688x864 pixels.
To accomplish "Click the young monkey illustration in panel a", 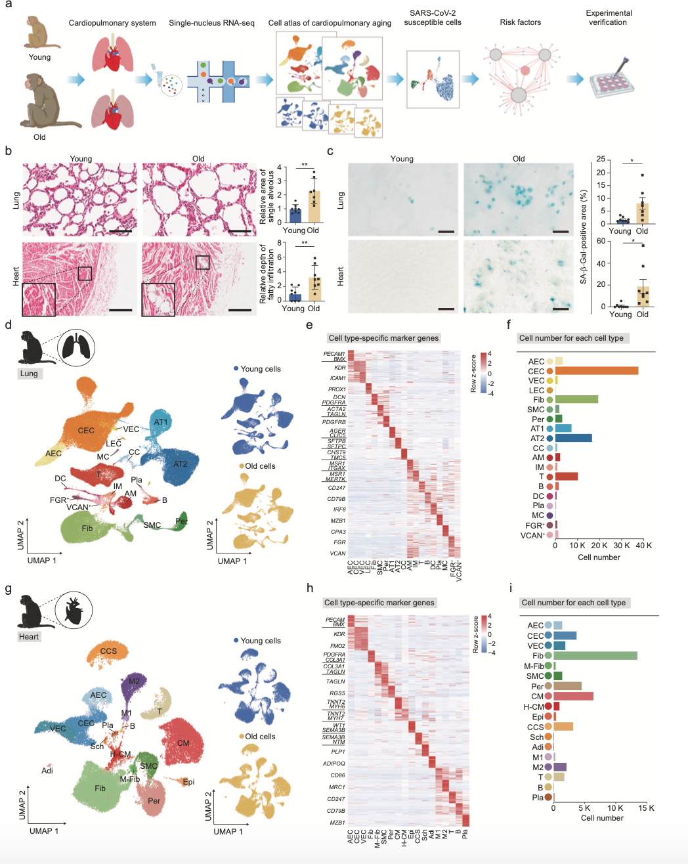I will pyautogui.click(x=41, y=33).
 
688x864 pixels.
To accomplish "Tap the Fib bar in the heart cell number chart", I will pyautogui.click(x=595, y=655).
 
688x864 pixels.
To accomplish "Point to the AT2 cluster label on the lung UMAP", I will pyautogui.click(x=180, y=464).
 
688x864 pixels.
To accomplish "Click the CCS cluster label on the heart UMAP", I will pyautogui.click(x=108, y=651).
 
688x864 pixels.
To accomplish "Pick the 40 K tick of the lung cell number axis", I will pyautogui.click(x=643, y=546).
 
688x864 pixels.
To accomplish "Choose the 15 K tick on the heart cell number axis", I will pyautogui.click(x=647, y=808).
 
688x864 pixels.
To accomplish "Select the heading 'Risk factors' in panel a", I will pyautogui.click(x=520, y=22).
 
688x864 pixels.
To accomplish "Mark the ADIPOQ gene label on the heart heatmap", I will pyautogui.click(x=333, y=764).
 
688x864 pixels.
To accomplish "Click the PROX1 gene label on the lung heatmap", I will pyautogui.click(x=337, y=389).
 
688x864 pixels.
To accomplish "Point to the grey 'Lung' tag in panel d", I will pyautogui.click(x=29, y=374).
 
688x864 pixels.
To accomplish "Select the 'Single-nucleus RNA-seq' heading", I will pyautogui.click(x=211, y=23).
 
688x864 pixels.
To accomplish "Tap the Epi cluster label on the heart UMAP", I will pyautogui.click(x=188, y=781).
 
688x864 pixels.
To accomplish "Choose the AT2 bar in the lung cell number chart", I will pyautogui.click(x=573, y=438).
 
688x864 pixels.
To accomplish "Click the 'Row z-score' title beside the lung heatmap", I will pyautogui.click(x=474, y=374).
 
